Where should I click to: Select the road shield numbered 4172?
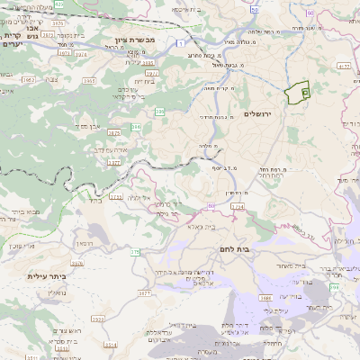(343, 66)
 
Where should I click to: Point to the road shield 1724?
(238, 207)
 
